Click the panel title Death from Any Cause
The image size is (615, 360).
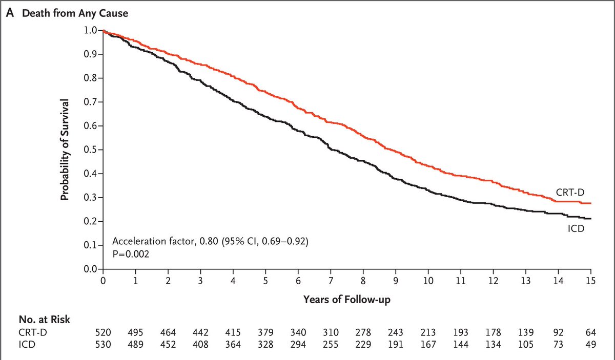[x=72, y=14]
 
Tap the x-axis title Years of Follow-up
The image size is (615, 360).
[x=346, y=299]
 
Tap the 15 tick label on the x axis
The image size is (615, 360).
[x=590, y=281]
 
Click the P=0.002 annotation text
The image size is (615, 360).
[x=130, y=253]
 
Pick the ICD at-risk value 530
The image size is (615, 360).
[x=103, y=345]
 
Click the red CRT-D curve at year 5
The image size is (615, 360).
[x=265, y=91]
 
